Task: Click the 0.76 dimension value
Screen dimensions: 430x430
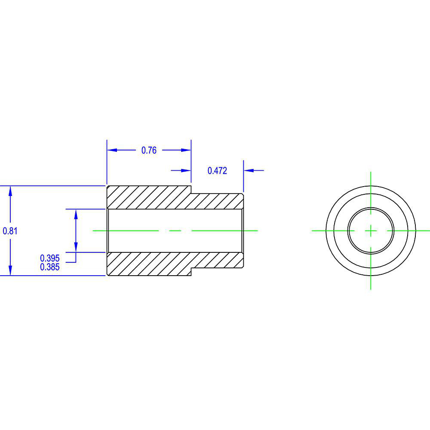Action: [x=149, y=150]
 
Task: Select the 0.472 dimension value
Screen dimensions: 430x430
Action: [x=217, y=171]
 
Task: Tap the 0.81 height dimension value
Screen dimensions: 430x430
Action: [x=10, y=231]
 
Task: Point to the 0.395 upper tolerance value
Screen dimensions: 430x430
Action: [x=49, y=258]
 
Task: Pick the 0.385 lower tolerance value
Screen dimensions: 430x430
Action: [x=49, y=267]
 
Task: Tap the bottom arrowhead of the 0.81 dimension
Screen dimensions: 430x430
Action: [x=10, y=270]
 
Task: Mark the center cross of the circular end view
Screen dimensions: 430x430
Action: [x=371, y=231]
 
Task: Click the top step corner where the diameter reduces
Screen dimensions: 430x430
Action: [x=191, y=193]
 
